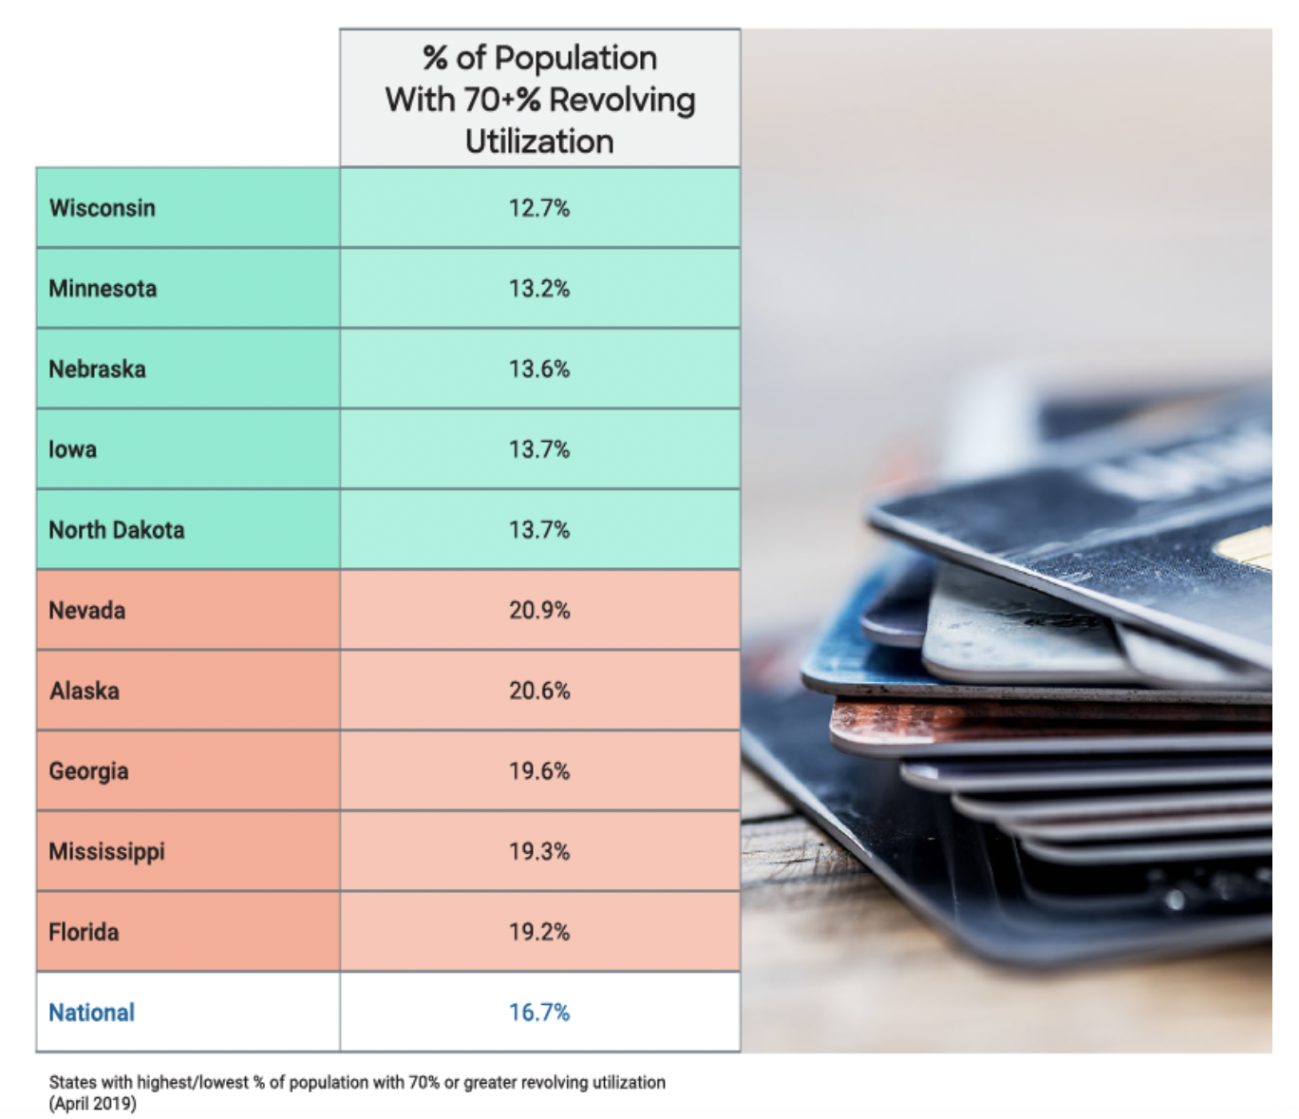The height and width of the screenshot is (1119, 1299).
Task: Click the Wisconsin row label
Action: point(102,208)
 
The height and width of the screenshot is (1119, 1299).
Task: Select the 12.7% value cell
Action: point(539,208)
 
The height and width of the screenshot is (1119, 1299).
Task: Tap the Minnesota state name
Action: point(103,289)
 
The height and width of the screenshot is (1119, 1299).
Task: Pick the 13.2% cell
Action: point(539,289)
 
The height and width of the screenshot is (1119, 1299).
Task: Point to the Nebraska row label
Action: point(97,370)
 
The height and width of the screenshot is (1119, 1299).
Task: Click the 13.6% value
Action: point(539,370)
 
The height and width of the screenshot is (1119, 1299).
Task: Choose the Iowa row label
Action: point(72,449)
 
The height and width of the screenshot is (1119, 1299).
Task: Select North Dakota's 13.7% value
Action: point(539,530)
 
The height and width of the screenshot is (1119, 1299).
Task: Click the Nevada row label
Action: point(86,611)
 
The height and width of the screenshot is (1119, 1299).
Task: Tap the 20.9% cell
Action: point(539,611)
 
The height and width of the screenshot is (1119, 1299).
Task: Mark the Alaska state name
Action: point(85,691)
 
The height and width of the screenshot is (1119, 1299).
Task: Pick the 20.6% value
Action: point(539,691)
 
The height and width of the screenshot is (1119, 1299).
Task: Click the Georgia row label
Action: point(88,771)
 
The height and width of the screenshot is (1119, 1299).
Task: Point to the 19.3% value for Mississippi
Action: point(539,852)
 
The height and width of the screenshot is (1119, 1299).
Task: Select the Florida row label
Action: point(84,932)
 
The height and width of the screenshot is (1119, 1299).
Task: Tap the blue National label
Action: point(91,1013)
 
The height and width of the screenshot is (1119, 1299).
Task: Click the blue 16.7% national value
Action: point(539,1013)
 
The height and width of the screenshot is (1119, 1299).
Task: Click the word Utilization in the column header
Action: point(539,142)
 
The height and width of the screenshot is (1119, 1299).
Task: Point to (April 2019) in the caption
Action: point(93,1104)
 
